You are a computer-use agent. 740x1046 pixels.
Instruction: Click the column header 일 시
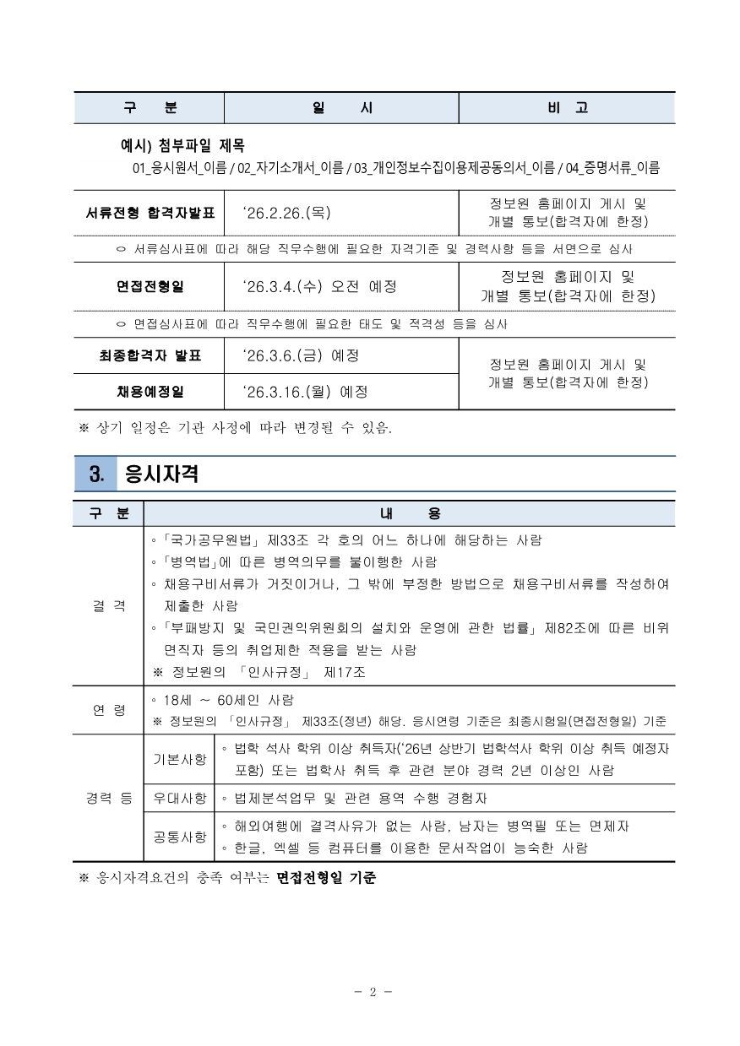pyautogui.click(x=341, y=109)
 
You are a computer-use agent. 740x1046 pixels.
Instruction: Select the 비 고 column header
pyautogui.click(x=567, y=109)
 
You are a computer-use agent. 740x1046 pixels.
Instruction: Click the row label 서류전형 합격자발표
pyautogui.click(x=150, y=214)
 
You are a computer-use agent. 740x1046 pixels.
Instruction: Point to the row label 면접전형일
pyautogui.click(x=150, y=286)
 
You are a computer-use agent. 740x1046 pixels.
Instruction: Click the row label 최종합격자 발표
pyautogui.click(x=150, y=355)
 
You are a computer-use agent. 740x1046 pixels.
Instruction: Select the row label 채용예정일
pyautogui.click(x=150, y=391)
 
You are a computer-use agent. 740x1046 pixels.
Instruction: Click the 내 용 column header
pyautogui.click(x=410, y=513)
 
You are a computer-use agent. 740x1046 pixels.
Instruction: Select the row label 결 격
pyautogui.click(x=109, y=605)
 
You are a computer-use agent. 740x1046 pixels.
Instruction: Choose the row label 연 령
pyautogui.click(x=109, y=710)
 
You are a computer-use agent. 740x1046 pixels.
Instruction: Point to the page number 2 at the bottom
pyautogui.click(x=371, y=993)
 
